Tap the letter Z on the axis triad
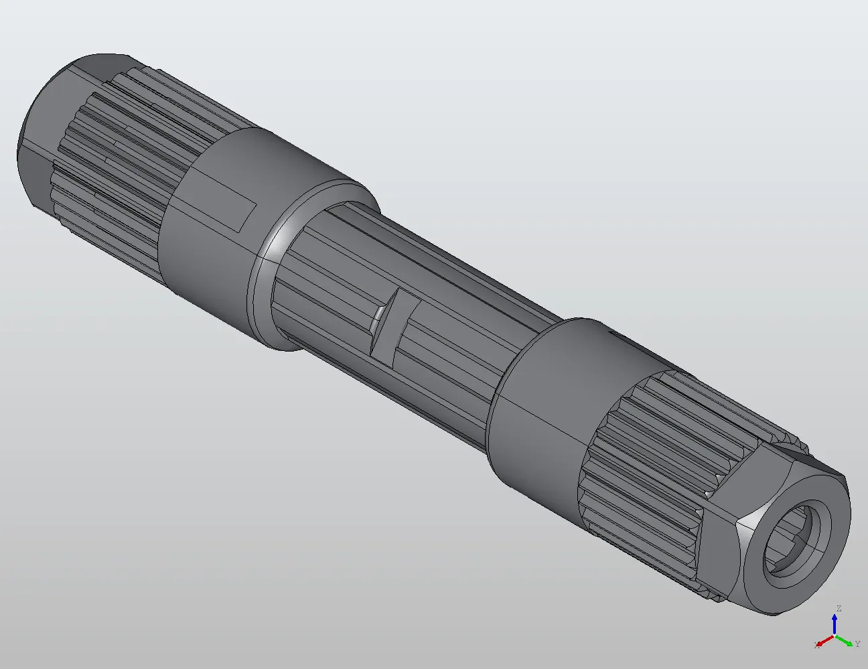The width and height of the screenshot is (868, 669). (x=838, y=609)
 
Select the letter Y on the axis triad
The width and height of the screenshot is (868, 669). (x=857, y=644)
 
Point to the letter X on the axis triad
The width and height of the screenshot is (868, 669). (x=816, y=644)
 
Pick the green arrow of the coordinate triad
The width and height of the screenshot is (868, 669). (x=845, y=640)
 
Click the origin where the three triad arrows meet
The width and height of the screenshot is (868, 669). (x=835, y=635)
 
